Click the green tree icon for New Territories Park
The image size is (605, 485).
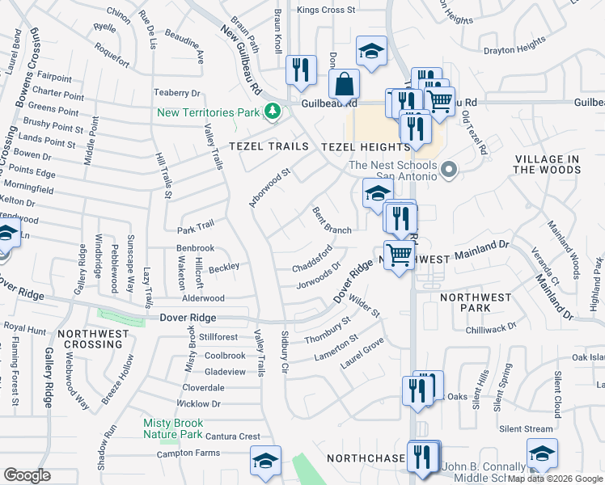click(x=273, y=112)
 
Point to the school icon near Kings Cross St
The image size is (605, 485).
click(x=371, y=51)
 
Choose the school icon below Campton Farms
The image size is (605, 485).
click(x=265, y=460)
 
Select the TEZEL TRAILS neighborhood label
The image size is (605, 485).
click(x=269, y=146)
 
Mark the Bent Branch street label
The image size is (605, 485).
click(x=332, y=220)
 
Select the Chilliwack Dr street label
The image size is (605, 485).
click(x=490, y=329)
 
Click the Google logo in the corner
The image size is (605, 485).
click(x=27, y=475)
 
